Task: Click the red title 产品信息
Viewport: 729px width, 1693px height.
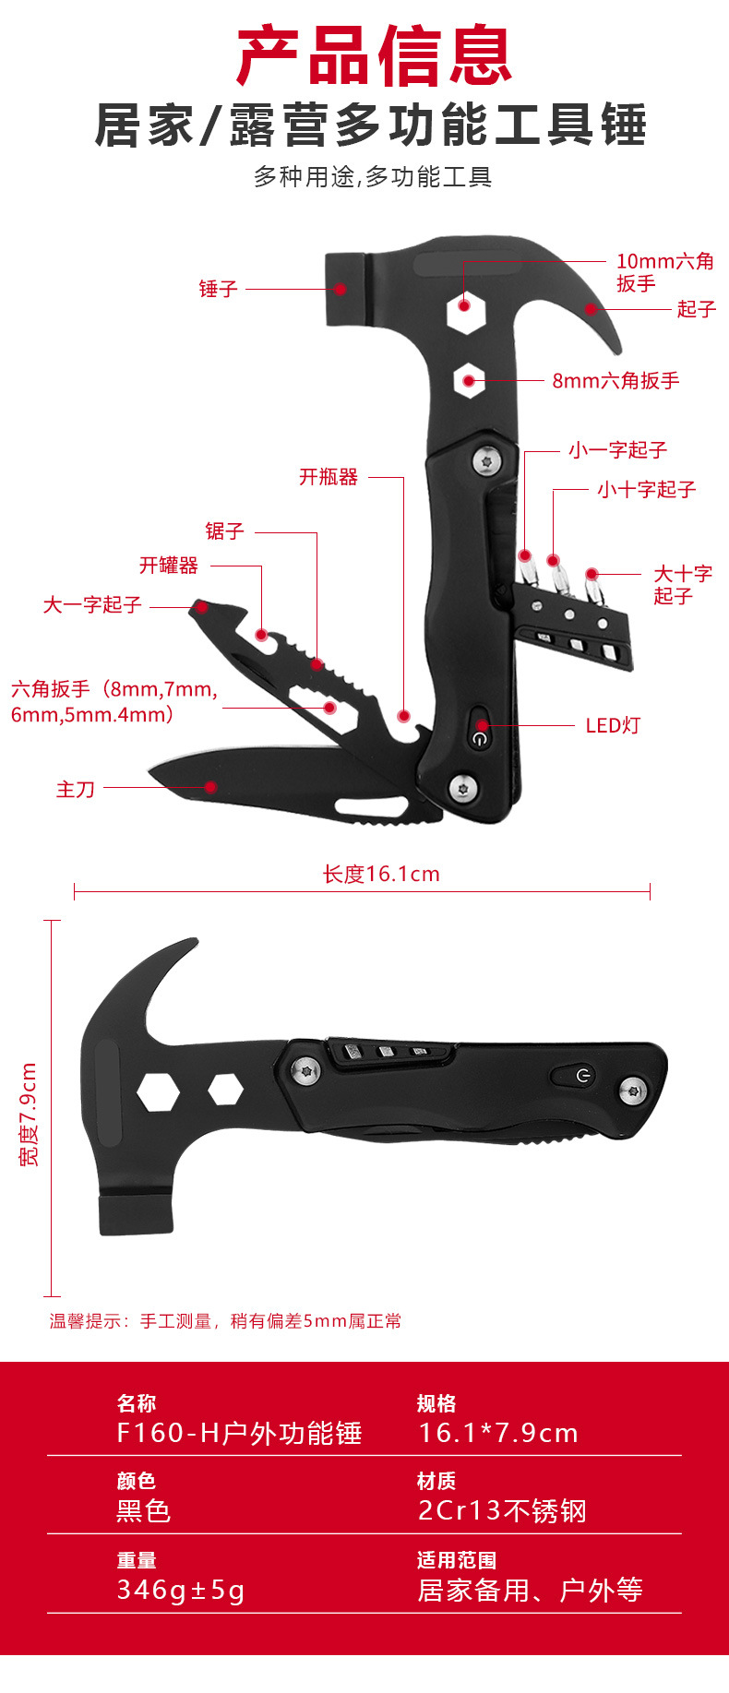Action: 375,57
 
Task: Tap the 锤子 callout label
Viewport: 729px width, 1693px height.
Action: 219,289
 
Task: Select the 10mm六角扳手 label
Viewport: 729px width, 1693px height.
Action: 664,272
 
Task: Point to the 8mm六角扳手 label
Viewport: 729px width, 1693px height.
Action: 615,380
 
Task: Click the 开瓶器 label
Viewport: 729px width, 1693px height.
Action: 329,477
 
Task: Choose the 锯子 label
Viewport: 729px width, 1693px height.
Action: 224,531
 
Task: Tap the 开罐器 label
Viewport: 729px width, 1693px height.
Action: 169,565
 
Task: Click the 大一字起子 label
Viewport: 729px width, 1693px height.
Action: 92,604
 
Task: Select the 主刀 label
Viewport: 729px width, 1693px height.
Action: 76,789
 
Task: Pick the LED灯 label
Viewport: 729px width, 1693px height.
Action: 613,725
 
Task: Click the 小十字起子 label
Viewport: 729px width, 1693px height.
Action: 646,489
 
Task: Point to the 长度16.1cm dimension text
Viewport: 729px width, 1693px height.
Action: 381,874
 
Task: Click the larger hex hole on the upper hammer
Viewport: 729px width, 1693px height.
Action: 466,313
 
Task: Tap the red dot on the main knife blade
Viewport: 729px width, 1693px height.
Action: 211,787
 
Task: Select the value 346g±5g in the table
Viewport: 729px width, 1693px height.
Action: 181,1590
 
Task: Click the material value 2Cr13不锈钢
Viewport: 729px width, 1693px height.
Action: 502,1510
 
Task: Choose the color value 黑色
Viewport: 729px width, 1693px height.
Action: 143,1510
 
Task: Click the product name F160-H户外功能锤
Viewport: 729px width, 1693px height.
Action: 239,1433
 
